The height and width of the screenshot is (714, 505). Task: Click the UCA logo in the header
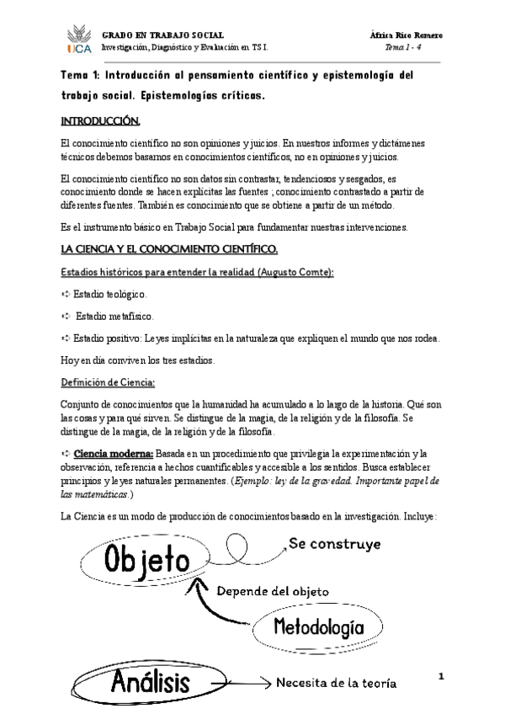point(77,41)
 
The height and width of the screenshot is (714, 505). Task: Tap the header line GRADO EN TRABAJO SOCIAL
point(163,35)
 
